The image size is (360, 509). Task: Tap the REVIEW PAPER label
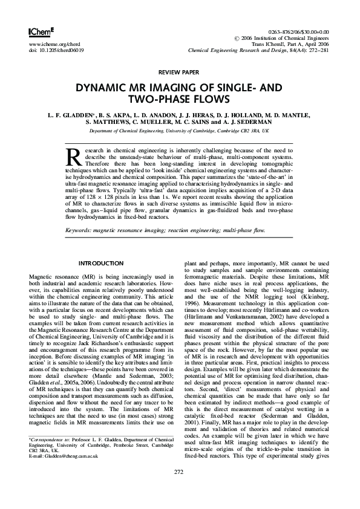(x=180, y=71)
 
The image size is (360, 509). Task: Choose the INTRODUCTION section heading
(x=100, y=264)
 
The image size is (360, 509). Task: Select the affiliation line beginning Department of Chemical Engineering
(x=179, y=131)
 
